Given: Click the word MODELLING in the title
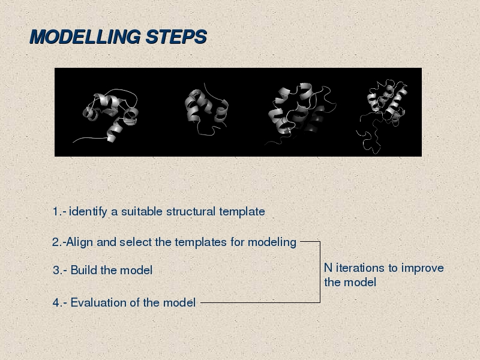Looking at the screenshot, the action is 85,37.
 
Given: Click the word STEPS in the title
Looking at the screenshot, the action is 176,37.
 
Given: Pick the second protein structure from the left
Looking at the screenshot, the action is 206,109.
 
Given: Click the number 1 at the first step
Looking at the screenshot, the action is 55,212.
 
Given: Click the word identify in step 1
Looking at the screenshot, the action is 88,212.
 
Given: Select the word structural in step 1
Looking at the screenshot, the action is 191,212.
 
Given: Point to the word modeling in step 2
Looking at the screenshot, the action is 272,242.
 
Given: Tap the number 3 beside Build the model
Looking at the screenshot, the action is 56,271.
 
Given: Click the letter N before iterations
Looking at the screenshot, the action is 328,268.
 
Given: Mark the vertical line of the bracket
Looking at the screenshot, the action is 320,272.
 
